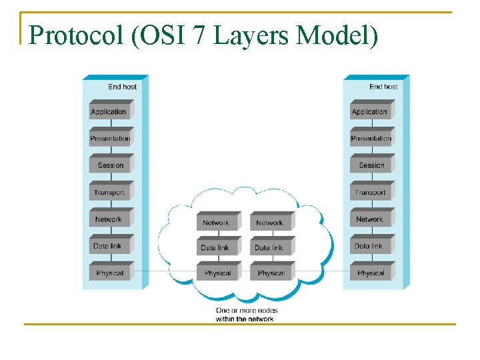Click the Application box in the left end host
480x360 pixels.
pyautogui.click(x=110, y=111)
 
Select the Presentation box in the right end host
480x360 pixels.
pyautogui.click(x=371, y=137)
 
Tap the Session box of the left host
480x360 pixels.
pyautogui.click(x=110, y=165)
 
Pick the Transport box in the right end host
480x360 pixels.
pyautogui.click(x=371, y=191)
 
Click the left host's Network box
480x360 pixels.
pyautogui.click(x=110, y=219)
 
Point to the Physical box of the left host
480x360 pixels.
pyautogui.click(x=110, y=273)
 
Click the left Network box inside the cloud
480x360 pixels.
pyautogui.click(x=217, y=223)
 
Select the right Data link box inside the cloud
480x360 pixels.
pyautogui.click(x=270, y=247)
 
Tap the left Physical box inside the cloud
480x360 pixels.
pyautogui.click(x=217, y=273)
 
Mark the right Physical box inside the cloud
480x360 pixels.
pyautogui.click(x=271, y=273)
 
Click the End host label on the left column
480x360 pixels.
pyautogui.click(x=122, y=87)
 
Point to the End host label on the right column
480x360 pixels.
pyautogui.click(x=383, y=87)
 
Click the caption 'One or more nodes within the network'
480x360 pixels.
pyautogui.click(x=245, y=315)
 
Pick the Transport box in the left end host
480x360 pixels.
pyautogui.click(x=110, y=191)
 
